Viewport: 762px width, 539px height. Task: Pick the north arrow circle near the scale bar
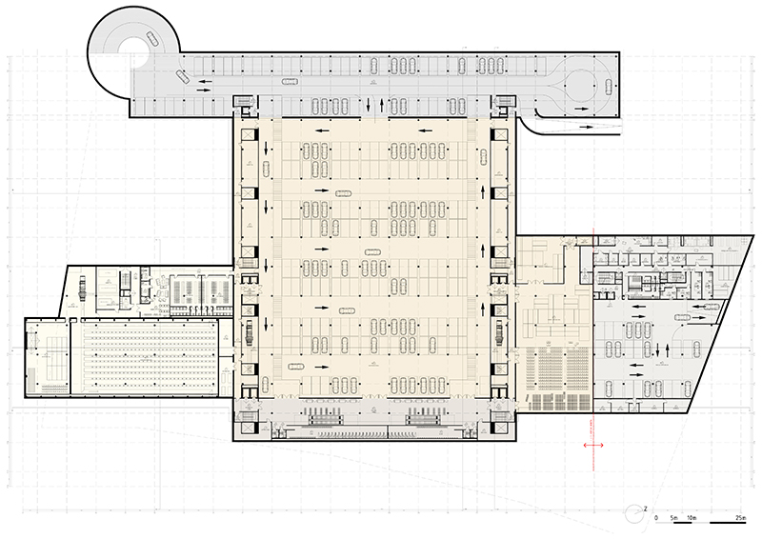pos(632,515)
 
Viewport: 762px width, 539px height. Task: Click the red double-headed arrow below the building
pos(592,445)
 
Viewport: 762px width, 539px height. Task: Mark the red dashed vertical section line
pos(593,333)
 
